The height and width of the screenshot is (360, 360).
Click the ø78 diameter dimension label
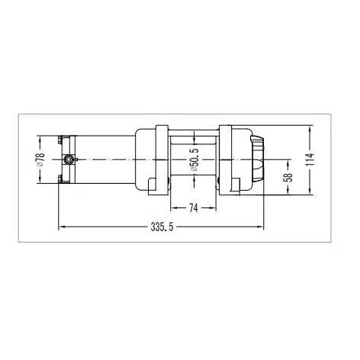(41, 159)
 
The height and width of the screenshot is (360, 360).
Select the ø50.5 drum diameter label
(194, 159)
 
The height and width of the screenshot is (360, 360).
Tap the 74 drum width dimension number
(193, 208)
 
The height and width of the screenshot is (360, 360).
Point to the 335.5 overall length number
(162, 227)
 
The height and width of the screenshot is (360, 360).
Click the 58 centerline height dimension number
(289, 177)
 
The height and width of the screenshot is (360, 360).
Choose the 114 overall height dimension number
(310, 159)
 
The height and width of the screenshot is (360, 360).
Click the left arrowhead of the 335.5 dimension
(62, 227)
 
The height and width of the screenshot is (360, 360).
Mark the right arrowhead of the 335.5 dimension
(261, 227)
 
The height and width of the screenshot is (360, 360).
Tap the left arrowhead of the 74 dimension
(173, 207)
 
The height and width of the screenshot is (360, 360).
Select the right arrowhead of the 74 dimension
(213, 207)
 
